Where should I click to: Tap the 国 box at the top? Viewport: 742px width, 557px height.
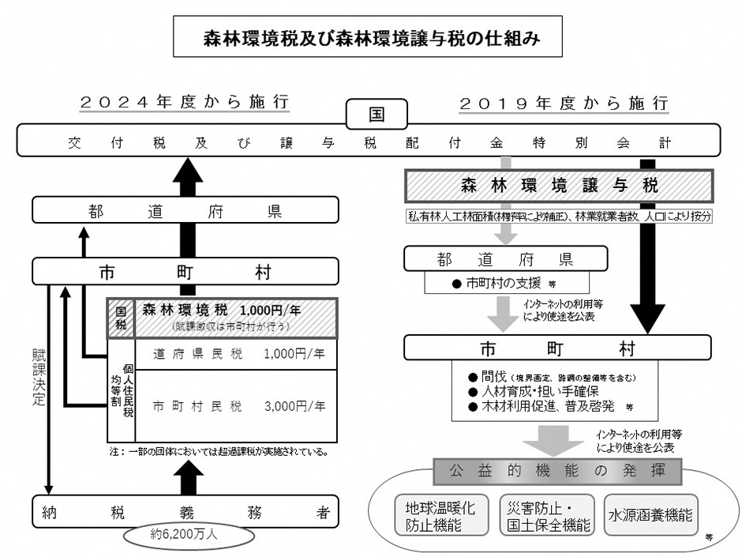[x=377, y=113]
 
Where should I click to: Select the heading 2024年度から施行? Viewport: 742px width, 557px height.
[x=185, y=103]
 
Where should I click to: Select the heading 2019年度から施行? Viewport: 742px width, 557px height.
[x=564, y=103]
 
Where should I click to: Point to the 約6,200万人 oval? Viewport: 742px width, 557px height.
[x=189, y=534]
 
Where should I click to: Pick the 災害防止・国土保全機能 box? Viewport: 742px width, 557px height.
[x=545, y=515]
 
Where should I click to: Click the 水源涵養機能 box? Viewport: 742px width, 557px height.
[x=650, y=515]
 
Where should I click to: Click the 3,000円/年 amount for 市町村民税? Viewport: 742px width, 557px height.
[x=295, y=408]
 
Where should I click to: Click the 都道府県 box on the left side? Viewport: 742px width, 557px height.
[x=185, y=210]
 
